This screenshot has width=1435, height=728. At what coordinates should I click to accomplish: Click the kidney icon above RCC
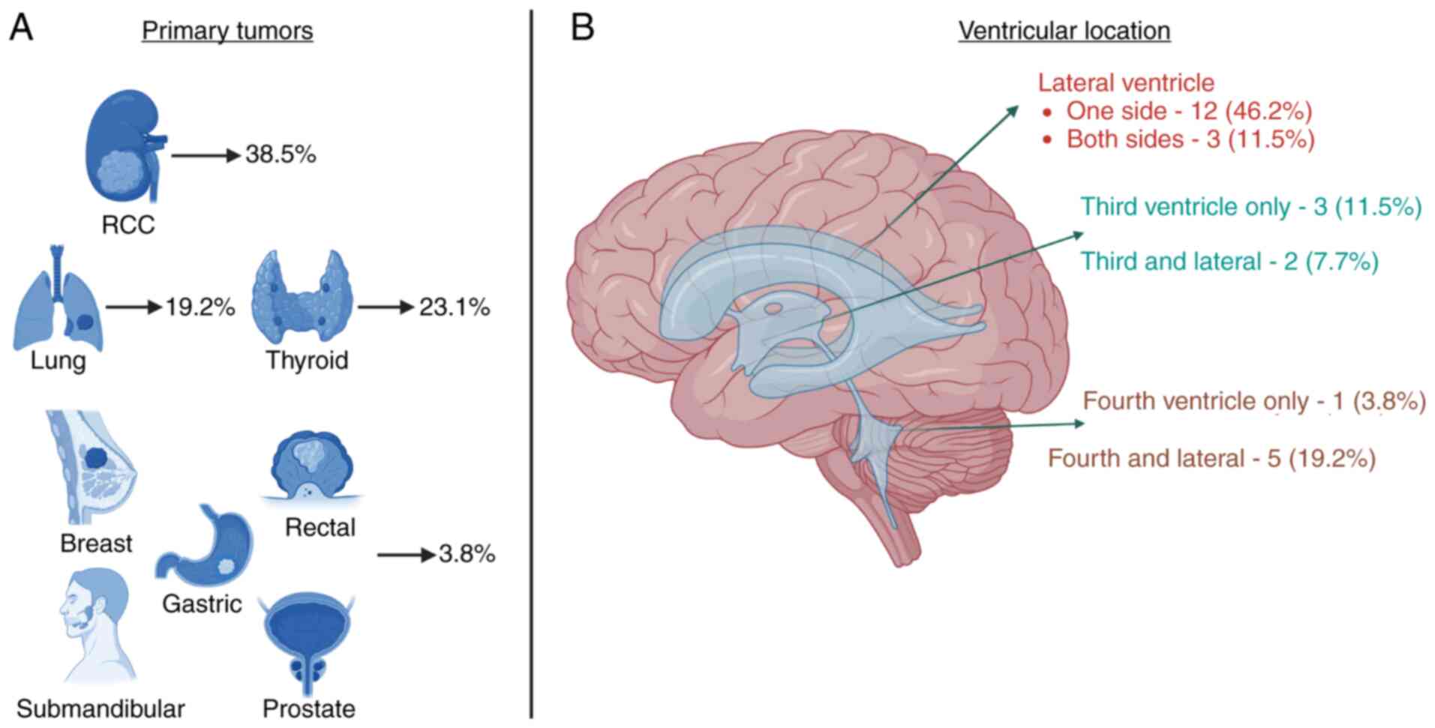(x=123, y=145)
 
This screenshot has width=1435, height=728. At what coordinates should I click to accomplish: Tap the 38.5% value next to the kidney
(x=281, y=154)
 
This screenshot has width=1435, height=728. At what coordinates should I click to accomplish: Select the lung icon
(x=57, y=299)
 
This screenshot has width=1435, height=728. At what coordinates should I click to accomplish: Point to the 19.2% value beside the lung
(x=200, y=307)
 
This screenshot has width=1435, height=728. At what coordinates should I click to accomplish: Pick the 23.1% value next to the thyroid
(x=454, y=307)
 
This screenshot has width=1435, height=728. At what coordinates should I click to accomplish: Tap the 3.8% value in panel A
(x=467, y=554)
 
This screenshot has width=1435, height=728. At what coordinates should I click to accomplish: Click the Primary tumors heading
(x=227, y=31)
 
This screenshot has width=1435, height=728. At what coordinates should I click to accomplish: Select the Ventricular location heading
(x=1064, y=31)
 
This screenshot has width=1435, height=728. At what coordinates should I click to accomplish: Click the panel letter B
(x=582, y=28)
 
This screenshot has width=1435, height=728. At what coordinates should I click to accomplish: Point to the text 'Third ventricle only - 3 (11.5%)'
(x=1250, y=206)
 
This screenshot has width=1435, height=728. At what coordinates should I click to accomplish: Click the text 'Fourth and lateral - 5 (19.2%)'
(x=1211, y=458)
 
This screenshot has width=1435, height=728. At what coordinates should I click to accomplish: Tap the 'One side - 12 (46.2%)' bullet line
(x=1189, y=111)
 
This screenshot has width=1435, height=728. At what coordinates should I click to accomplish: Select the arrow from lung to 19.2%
(x=134, y=307)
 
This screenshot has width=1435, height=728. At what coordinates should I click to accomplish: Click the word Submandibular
(x=101, y=709)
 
